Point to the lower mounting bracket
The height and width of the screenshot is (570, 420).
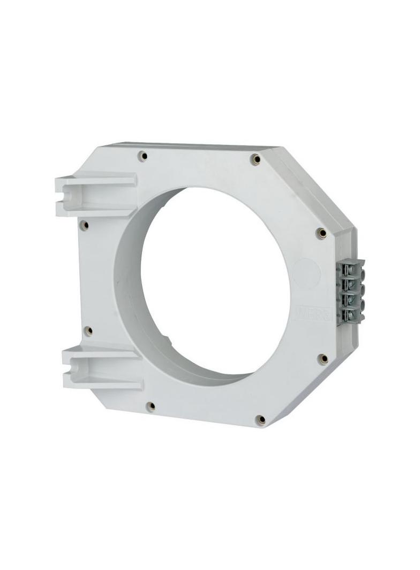pos(102,366)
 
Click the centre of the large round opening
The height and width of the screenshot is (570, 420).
pos(214,283)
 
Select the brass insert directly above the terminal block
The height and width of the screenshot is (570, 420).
pos(321,233)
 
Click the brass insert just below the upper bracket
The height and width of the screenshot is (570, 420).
pos(83,225)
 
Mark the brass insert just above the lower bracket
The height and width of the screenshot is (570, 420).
pos(89,330)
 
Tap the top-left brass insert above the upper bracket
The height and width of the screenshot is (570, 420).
pos(142,156)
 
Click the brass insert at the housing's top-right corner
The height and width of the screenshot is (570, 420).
pos(257,159)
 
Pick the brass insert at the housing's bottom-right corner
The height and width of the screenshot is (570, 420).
pos(260,419)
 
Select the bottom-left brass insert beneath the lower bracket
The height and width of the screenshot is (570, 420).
pos(151,406)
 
